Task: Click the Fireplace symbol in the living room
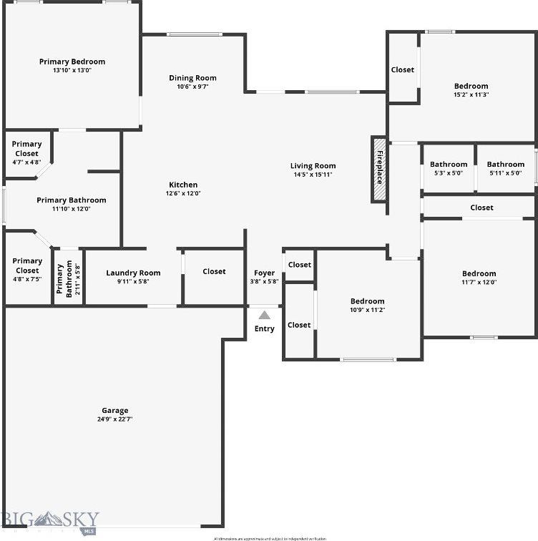pos(379,170)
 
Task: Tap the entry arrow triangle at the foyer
pos(265,315)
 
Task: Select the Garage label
pos(115,411)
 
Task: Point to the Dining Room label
pos(192,78)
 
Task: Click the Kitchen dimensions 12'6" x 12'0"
pos(183,193)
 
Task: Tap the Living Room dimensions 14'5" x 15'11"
pos(313,175)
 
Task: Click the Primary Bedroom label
pos(72,62)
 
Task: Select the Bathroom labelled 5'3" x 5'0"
pos(449,165)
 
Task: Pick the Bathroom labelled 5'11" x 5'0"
pos(506,165)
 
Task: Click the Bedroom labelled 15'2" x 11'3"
pos(471,87)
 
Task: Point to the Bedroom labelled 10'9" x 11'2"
pos(367,301)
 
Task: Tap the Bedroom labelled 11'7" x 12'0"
pos(479,273)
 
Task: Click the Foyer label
pos(264,273)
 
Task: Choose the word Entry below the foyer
pos(264,328)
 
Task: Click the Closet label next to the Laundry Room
pos(214,271)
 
